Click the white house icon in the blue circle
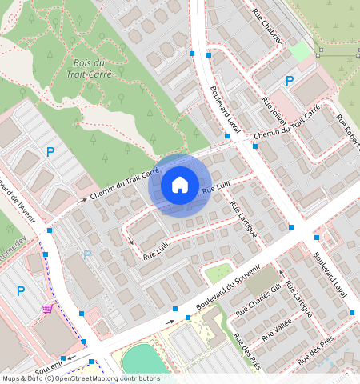(x=180, y=185)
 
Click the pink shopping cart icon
(x=48, y=308)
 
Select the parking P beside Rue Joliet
(x=290, y=81)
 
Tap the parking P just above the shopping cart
(x=21, y=291)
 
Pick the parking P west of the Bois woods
(x=50, y=151)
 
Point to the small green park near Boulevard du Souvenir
(x=218, y=273)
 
